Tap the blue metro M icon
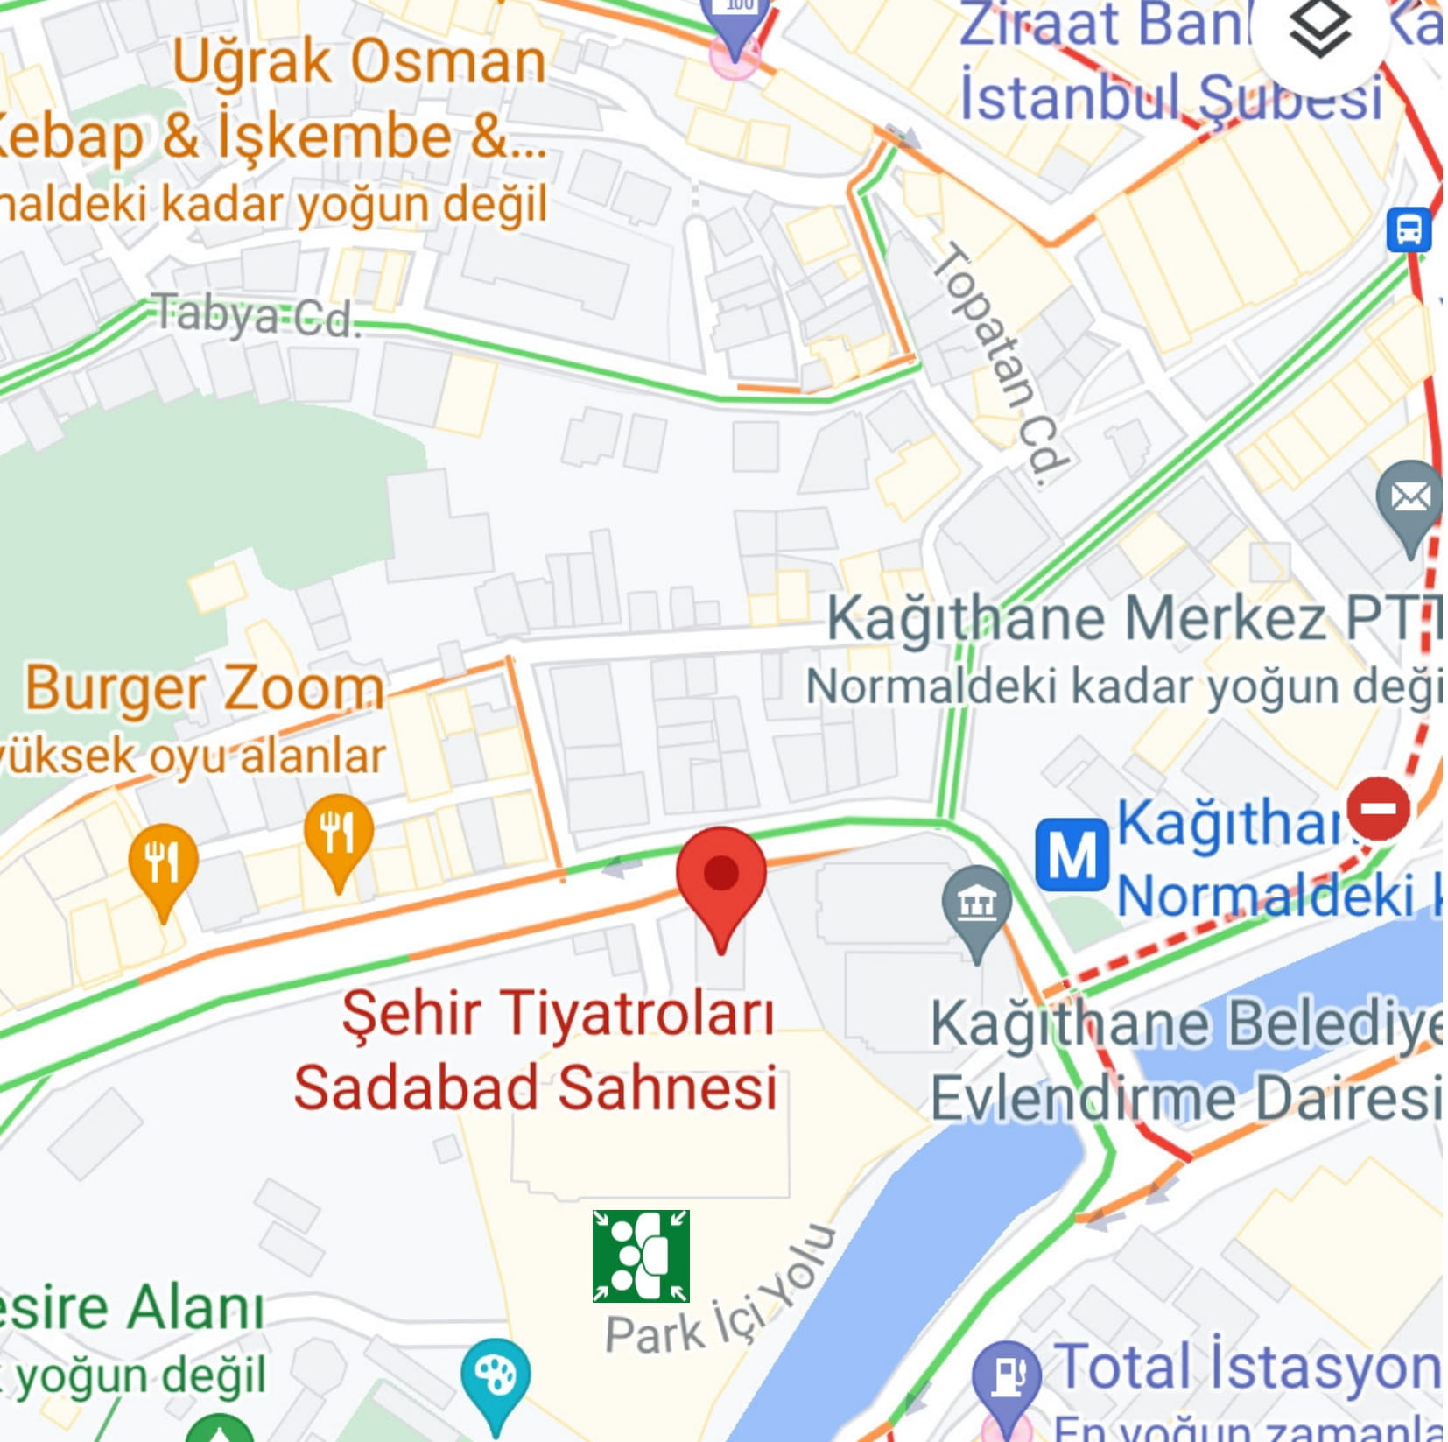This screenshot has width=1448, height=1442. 1072,854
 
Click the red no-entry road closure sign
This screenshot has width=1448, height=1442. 1378,807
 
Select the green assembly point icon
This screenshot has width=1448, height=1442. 641,1256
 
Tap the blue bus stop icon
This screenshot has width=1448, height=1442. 1409,229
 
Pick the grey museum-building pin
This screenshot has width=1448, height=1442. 976,906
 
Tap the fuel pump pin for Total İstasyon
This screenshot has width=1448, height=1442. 1007,1376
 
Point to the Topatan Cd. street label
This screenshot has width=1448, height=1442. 1002,363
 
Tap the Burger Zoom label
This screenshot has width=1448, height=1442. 203,689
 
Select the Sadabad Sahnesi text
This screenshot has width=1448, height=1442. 535,1088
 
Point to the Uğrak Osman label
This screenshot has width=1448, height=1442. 358,61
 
